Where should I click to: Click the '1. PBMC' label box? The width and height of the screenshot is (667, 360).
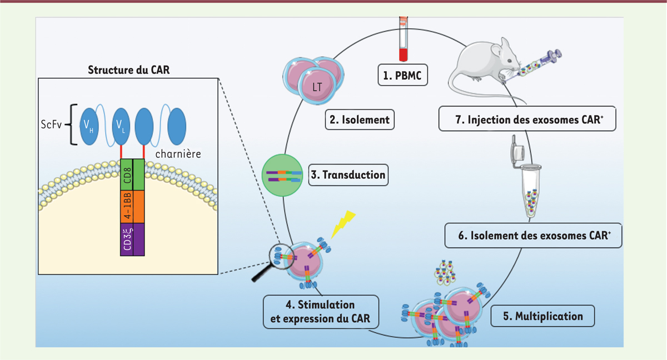pos(402,75)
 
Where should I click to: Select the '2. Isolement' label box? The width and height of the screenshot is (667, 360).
pos(360,119)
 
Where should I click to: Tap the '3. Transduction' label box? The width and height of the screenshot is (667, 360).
pos(348,175)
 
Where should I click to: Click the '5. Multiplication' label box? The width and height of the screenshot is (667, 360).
pos(542,316)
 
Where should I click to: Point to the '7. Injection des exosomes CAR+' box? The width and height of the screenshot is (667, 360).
pos(527,119)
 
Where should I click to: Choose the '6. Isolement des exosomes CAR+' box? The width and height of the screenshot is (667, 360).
pos(533,236)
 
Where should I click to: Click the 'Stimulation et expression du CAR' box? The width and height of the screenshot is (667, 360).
pos(321,312)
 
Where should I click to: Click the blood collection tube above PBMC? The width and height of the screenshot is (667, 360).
pos(403,39)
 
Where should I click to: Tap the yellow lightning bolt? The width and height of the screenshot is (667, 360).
pos(343,224)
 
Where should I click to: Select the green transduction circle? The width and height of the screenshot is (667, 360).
pos(282,175)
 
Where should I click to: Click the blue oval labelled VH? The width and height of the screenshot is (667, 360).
pos(89,127)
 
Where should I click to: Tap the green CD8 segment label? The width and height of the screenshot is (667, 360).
pos(127,175)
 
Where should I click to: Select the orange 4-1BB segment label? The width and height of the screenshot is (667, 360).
pos(127,207)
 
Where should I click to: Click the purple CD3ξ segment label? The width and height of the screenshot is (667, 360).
pos(127,239)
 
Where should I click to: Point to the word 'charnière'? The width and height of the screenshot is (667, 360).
pos(178,154)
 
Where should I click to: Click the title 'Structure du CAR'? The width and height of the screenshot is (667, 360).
pos(128,70)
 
